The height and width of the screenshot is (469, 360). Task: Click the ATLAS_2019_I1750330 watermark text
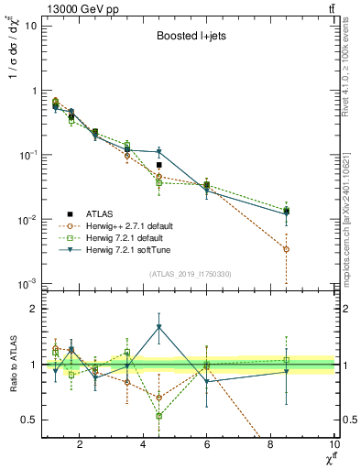pyautogui.click(x=190, y=273)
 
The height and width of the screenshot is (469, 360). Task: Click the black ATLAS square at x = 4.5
pyautogui.click(x=159, y=165)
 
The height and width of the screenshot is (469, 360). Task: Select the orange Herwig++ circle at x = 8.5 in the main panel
pyautogui.click(x=287, y=249)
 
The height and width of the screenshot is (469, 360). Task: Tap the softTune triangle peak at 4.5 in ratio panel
pyautogui.click(x=159, y=327)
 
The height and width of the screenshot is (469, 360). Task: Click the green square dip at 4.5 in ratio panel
pyautogui.click(x=159, y=416)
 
